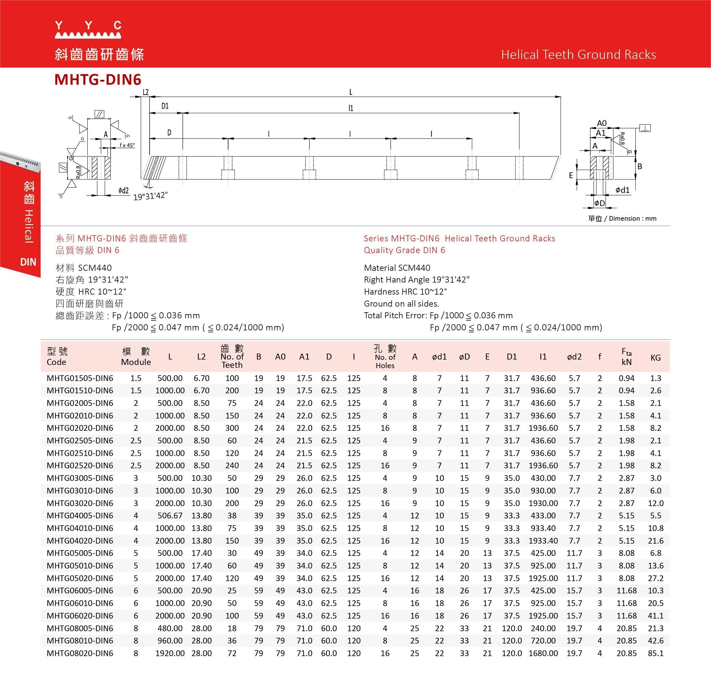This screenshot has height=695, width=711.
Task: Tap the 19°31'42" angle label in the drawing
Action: [150, 196]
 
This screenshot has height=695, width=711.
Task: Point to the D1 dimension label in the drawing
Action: [165, 106]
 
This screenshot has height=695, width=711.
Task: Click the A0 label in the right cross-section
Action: [602, 123]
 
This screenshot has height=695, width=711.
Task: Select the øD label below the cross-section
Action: [600, 203]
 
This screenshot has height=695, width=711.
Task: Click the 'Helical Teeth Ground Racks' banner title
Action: [578, 54]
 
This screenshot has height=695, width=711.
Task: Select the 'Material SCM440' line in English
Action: [397, 268]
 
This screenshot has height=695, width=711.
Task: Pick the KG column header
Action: [655, 358]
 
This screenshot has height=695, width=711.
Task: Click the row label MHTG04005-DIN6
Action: [80, 516]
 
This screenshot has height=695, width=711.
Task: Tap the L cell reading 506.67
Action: [170, 516]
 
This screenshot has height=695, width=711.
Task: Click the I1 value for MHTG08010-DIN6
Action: [543, 641]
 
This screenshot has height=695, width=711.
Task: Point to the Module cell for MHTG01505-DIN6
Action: [136, 378]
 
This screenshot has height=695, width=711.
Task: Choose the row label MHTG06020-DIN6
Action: [80, 615]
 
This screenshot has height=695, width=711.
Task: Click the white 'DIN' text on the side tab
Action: [28, 262]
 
